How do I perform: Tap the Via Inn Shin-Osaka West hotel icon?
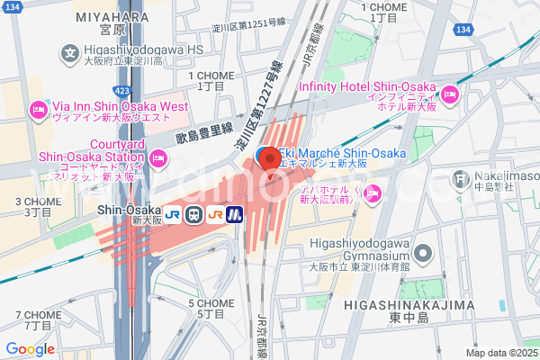(x=38, y=111)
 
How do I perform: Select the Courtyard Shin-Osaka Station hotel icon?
(x=158, y=159)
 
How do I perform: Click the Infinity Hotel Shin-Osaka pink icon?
(x=450, y=94)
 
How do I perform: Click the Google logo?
(x=30, y=348)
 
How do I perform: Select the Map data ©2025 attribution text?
(x=500, y=353)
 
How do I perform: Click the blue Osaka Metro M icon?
(x=236, y=214)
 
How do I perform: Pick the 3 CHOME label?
(x=38, y=202)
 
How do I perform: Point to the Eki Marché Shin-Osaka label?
(x=339, y=153)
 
